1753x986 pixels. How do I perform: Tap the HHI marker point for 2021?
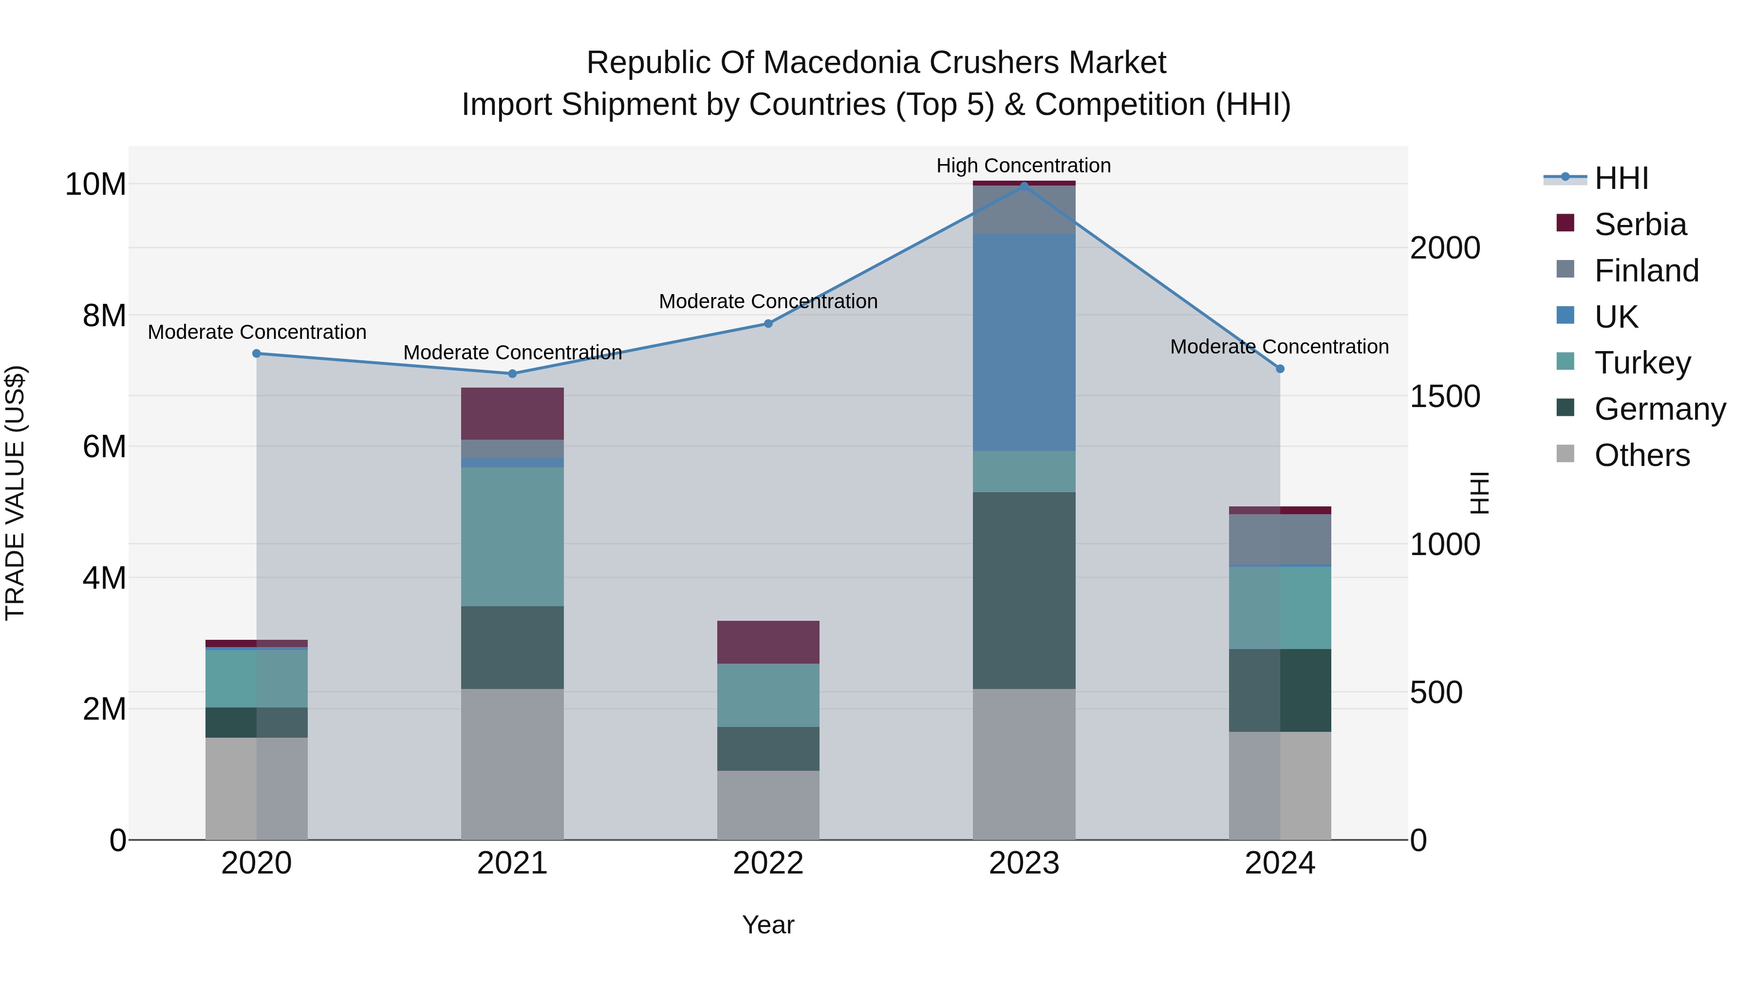512,373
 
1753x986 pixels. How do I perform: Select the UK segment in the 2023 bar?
1024,342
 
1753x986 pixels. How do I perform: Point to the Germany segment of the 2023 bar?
1024,590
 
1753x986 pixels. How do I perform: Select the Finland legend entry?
1645,271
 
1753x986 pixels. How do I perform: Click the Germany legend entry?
1659,409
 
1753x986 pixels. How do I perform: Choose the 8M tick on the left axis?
104,316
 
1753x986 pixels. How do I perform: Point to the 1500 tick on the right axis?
1444,397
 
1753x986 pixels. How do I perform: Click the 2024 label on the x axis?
1279,863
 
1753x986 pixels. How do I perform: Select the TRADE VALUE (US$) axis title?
15,493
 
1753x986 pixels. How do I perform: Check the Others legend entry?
1641,455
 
